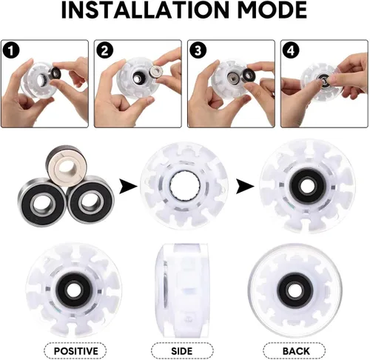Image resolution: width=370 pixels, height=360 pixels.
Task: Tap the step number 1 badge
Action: [11, 51]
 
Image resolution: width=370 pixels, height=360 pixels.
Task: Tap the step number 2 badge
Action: [104, 51]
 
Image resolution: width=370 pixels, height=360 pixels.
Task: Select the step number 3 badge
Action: [198, 51]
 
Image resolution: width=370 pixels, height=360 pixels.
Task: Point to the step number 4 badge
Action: [291, 51]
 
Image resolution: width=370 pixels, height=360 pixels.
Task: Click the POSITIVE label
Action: [75, 351]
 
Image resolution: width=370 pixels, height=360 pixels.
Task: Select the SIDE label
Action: [182, 351]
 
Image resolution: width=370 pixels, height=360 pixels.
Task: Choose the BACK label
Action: [296, 351]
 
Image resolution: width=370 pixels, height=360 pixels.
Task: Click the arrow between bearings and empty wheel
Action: [128, 187]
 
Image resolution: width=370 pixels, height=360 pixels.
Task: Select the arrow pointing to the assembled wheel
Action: [245, 187]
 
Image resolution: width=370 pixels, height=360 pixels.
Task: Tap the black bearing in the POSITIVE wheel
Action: [74, 288]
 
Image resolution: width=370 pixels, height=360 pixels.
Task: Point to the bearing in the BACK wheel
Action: [295, 289]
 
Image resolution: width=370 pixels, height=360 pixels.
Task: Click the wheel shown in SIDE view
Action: [182, 291]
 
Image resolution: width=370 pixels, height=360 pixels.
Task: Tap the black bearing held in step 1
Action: [56, 73]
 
